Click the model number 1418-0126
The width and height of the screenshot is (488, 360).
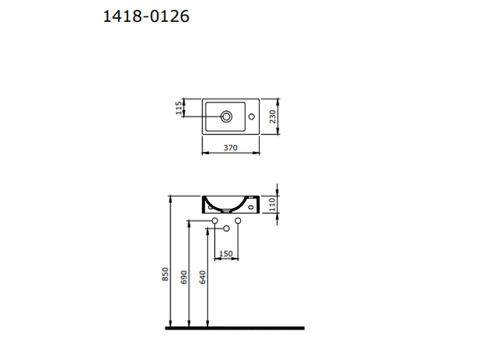(x=146, y=15)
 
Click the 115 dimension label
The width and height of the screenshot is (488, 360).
(x=179, y=108)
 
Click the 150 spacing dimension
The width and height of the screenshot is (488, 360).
(x=225, y=254)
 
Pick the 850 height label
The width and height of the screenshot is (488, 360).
(x=165, y=274)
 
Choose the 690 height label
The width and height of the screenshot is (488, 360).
(x=185, y=278)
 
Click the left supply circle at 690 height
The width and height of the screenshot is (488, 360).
(x=215, y=222)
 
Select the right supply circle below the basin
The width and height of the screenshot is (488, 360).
(x=237, y=222)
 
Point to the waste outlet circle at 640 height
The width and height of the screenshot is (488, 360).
(x=226, y=229)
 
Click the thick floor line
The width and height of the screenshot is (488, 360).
(x=235, y=328)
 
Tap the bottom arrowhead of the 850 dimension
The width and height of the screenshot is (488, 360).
(x=170, y=323)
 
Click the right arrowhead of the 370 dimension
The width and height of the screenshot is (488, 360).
(x=257, y=152)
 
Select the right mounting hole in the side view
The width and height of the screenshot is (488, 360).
(x=250, y=208)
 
